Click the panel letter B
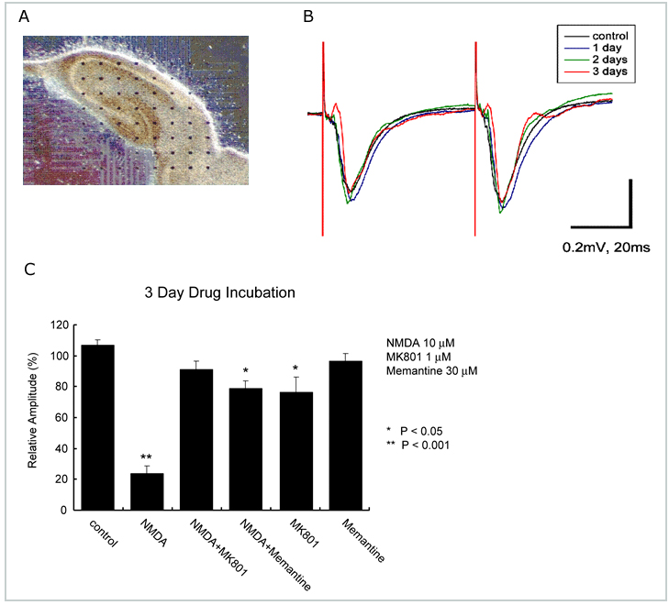[x=309, y=17]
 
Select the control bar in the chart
[x=97, y=427]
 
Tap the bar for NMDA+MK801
[x=195, y=439]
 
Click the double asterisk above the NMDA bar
[x=146, y=457]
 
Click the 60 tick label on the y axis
[x=61, y=417]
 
